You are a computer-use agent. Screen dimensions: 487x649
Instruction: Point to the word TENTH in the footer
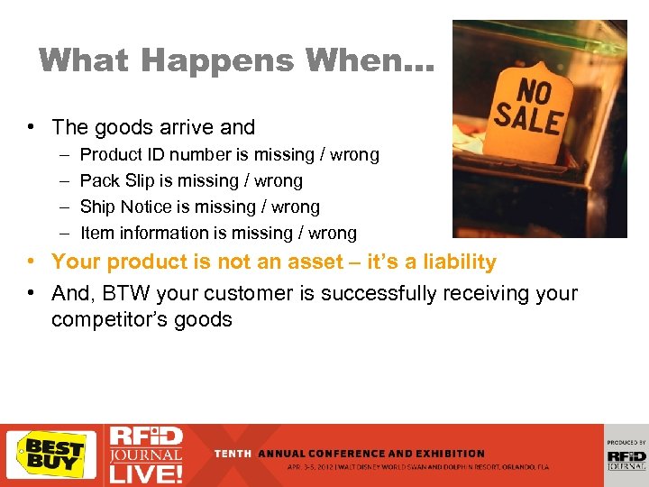[233, 454]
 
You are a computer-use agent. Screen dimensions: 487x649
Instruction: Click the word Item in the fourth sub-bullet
[96, 233]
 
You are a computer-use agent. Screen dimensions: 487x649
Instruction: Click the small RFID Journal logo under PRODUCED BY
[626, 459]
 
